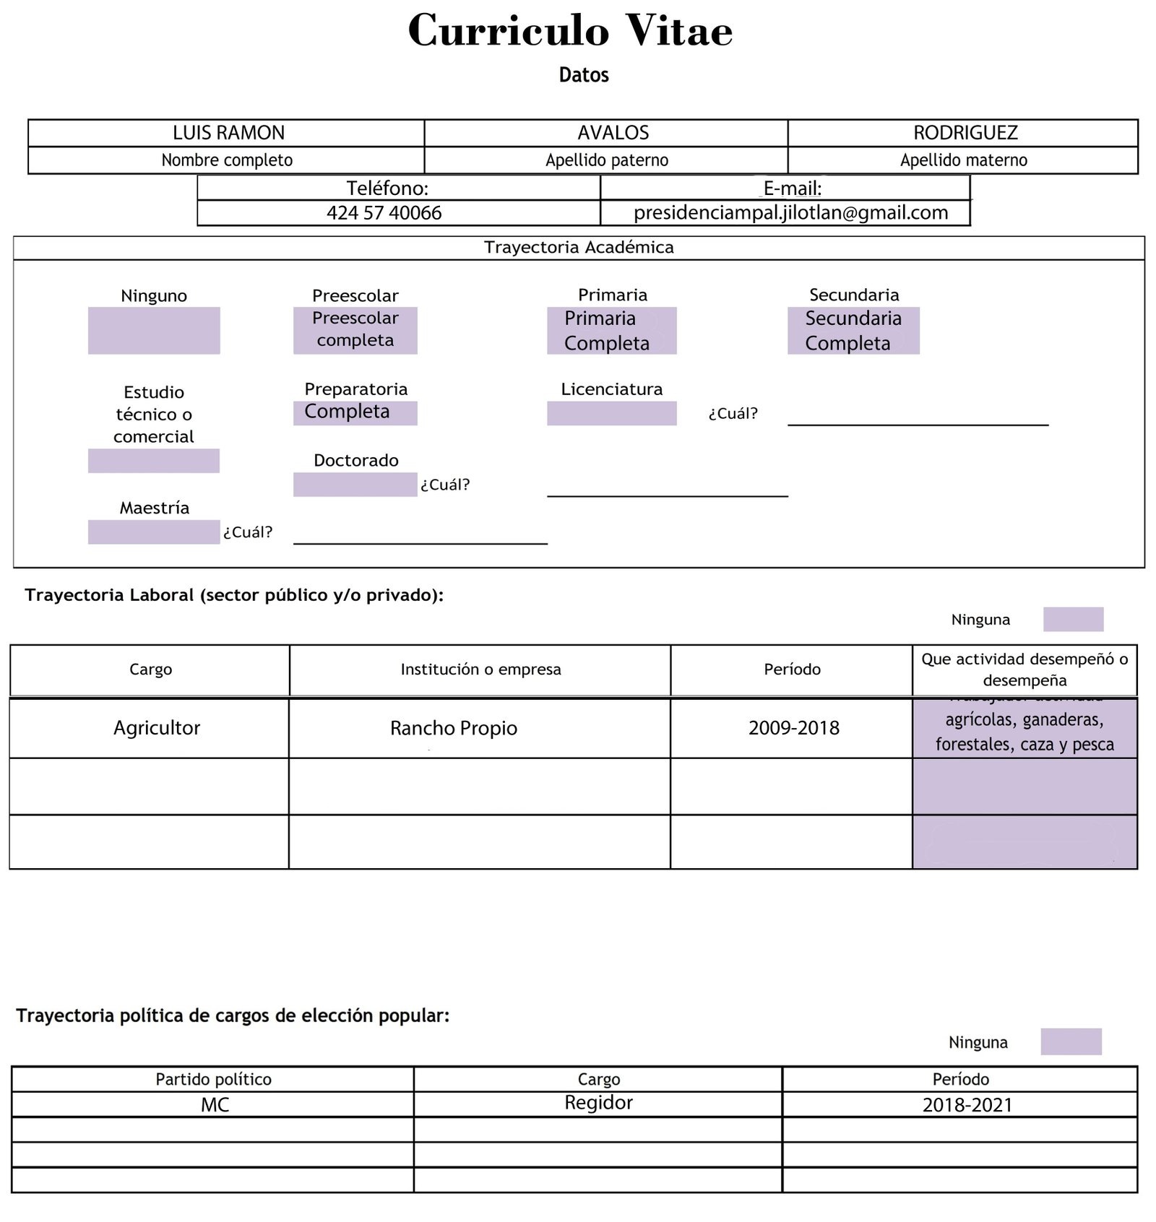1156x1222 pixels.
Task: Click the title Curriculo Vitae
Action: pyautogui.click(x=570, y=31)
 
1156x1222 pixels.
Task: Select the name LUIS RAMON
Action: pyautogui.click(x=228, y=133)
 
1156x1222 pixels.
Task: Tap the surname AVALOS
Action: pyautogui.click(x=613, y=133)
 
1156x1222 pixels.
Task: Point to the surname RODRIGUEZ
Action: pyautogui.click(x=965, y=133)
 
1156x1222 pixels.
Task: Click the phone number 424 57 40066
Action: pyautogui.click(x=384, y=213)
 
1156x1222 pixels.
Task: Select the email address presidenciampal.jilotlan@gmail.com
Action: pyautogui.click(x=790, y=213)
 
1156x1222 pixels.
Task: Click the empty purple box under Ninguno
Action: pyautogui.click(x=154, y=331)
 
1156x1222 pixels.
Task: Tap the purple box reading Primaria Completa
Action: pyautogui.click(x=611, y=331)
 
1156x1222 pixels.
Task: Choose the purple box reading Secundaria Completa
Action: pyautogui.click(x=853, y=331)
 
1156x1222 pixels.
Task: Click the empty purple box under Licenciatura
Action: pyautogui.click(x=611, y=414)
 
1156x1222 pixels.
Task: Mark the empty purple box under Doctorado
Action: pyautogui.click(x=355, y=485)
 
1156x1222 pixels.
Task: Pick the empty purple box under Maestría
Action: pyautogui.click(x=154, y=532)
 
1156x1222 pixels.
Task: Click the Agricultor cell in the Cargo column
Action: pyautogui.click(x=157, y=728)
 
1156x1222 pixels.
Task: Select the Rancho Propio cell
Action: pyautogui.click(x=454, y=728)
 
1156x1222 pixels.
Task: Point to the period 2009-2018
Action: pyautogui.click(x=793, y=728)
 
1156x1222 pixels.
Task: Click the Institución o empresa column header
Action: pyautogui.click(x=480, y=669)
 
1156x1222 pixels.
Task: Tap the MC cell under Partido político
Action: pyautogui.click(x=215, y=1105)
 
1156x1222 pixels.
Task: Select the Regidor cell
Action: pyautogui.click(x=598, y=1103)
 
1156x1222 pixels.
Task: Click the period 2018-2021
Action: pyautogui.click(x=967, y=1105)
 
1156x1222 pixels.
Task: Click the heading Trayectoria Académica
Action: pyautogui.click(x=579, y=248)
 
